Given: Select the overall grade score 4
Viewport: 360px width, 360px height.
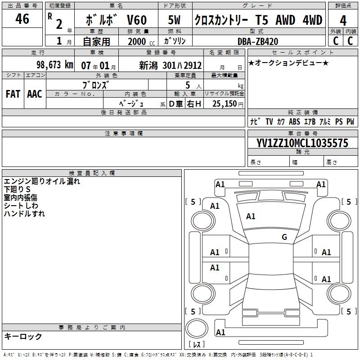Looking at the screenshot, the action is (x=343, y=20).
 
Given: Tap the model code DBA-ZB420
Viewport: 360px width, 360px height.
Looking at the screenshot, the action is (x=258, y=41).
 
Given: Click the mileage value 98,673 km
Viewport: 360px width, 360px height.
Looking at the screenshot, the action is (x=55, y=65).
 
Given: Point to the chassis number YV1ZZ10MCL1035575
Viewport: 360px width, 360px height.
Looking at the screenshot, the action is (x=302, y=143).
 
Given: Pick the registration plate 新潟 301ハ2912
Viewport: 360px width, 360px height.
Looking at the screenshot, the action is (x=171, y=66).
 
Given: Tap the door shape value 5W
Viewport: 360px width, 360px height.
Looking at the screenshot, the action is (x=175, y=20).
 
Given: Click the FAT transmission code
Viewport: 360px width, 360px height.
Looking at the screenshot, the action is (x=13, y=94).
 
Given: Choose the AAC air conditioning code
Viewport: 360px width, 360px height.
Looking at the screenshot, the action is (x=34, y=94).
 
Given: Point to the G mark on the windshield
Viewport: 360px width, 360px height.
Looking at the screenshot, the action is (x=284, y=237).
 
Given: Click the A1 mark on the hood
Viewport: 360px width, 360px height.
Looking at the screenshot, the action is (x=251, y=216).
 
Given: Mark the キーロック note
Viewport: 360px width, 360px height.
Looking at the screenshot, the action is (x=23, y=336).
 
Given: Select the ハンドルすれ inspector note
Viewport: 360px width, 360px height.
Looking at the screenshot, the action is (x=24, y=214).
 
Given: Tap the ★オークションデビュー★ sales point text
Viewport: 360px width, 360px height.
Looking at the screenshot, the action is (x=288, y=63).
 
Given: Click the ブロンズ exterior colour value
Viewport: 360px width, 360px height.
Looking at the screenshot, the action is (x=97, y=85).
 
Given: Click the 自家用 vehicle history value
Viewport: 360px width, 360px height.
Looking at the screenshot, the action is (x=96, y=41).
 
